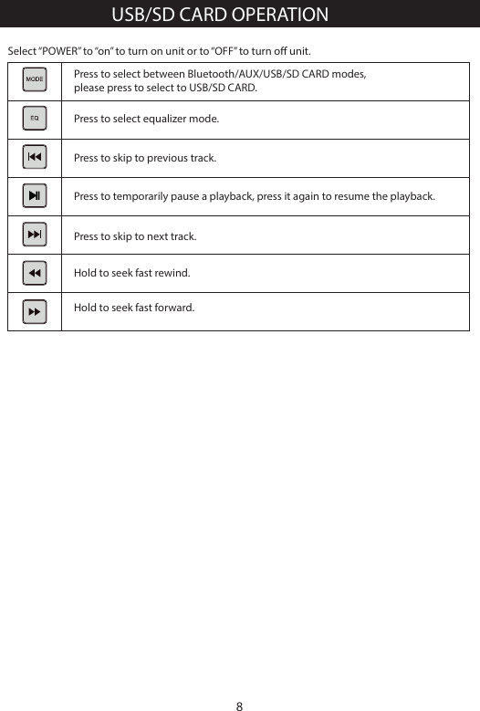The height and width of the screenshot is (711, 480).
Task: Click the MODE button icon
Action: click(34, 79)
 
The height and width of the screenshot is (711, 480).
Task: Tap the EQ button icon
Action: click(34, 119)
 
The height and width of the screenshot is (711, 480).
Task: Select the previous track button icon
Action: click(34, 157)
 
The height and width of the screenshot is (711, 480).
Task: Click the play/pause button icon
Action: click(34, 195)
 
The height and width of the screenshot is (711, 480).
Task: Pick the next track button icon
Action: click(34, 235)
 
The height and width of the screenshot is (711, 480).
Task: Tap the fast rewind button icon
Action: click(34, 273)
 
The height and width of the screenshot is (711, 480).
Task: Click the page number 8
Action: click(239, 706)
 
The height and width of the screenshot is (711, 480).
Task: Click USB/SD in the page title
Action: click(140, 16)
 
